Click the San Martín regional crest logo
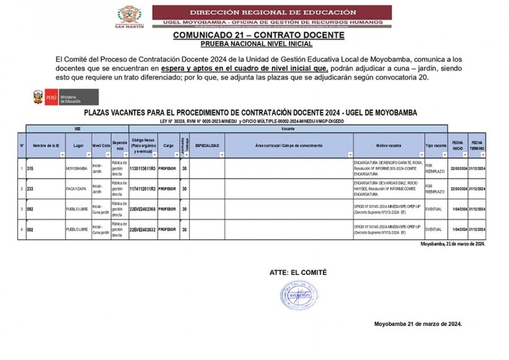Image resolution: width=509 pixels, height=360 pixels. click(130, 16)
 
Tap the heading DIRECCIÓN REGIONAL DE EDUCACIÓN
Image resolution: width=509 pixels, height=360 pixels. click(273, 12)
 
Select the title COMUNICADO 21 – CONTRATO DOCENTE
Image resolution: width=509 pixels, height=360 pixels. click(258, 35)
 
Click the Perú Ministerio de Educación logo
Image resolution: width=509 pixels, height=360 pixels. click(66, 97)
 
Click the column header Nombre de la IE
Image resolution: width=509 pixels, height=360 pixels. click(46, 146)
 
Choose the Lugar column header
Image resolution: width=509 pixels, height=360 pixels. click(78, 146)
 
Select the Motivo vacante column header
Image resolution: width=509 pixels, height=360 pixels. click(388, 146)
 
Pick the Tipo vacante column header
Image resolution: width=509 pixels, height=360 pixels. click(435, 146)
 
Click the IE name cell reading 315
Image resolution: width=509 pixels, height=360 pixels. click(31, 168)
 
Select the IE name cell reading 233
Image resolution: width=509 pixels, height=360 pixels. click(31, 188)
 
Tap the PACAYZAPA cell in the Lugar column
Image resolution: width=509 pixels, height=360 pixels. click(77, 188)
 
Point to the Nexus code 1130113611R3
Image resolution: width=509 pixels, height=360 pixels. click(143, 168)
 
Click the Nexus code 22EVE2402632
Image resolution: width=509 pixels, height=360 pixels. click(143, 229)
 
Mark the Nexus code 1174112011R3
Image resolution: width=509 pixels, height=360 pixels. click(143, 188)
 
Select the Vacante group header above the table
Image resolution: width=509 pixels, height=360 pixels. click(287, 128)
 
